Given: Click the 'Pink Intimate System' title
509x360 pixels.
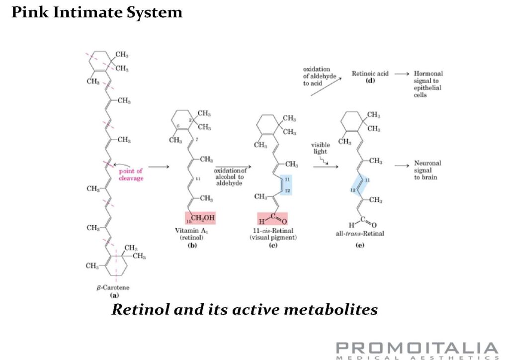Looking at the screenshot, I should pyautogui.click(x=97, y=12).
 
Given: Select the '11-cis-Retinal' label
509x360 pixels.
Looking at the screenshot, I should pyautogui.click(x=273, y=232).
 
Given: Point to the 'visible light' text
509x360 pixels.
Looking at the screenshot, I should pyautogui.click(x=320, y=149).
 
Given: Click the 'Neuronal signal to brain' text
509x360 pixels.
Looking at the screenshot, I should pyautogui.click(x=427, y=170).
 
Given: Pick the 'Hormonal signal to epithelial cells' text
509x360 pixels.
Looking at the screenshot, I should pyautogui.click(x=428, y=84).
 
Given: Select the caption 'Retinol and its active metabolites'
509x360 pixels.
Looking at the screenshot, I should pyautogui.click(x=245, y=310).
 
